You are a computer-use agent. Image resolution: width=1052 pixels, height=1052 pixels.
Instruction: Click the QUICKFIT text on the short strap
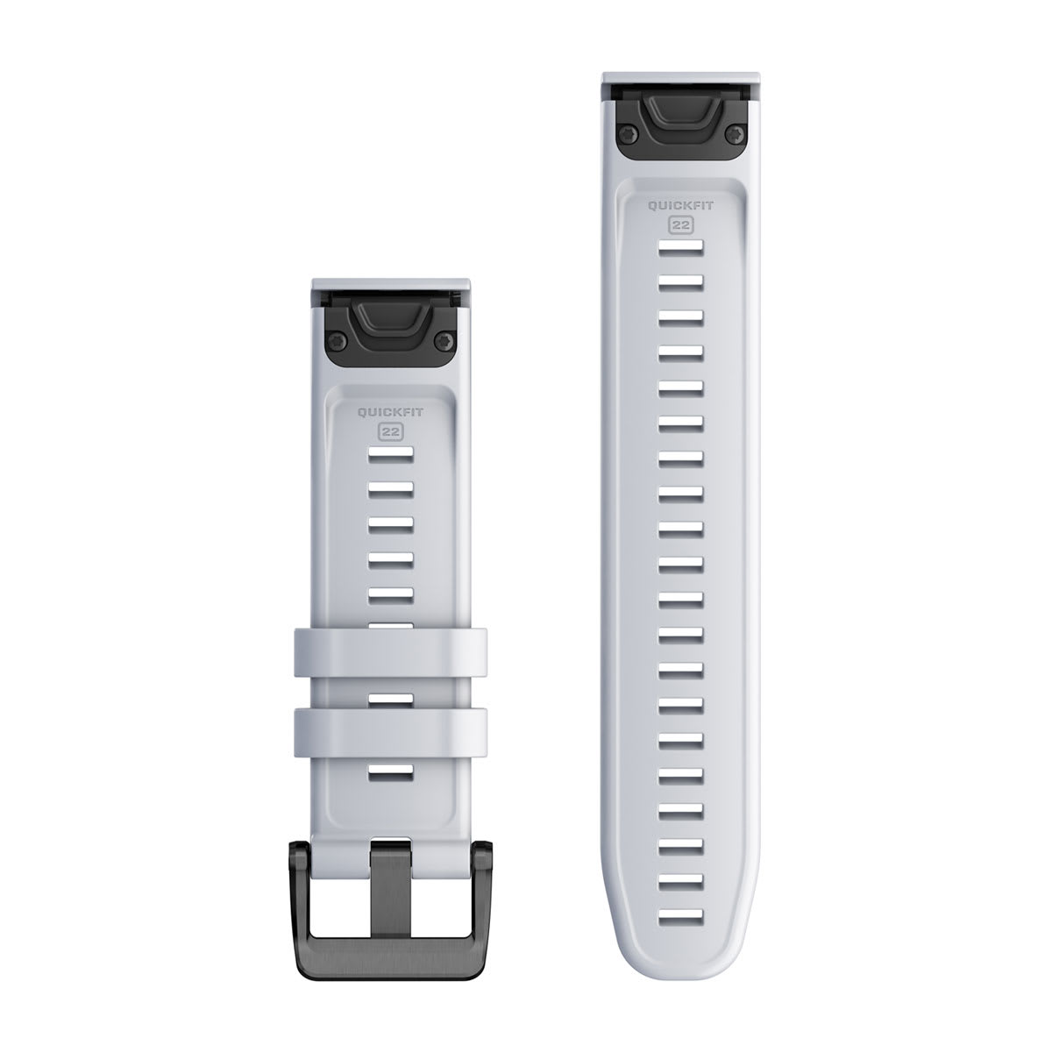click(391, 408)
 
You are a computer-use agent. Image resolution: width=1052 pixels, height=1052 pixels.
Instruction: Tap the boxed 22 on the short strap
click(391, 430)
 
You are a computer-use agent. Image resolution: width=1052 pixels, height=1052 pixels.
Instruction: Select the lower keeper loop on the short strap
click(391, 724)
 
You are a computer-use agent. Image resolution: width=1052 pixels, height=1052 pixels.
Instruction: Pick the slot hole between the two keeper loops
click(391, 698)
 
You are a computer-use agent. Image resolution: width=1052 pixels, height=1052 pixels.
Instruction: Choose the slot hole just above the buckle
click(391, 771)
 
